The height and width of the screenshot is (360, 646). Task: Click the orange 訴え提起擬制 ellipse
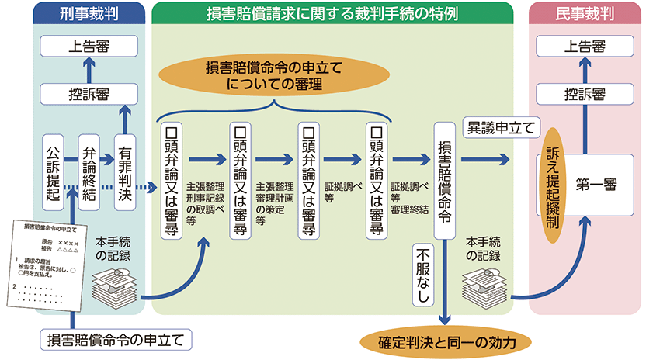click(552, 185)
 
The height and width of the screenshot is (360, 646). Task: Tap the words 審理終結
click(408, 209)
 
